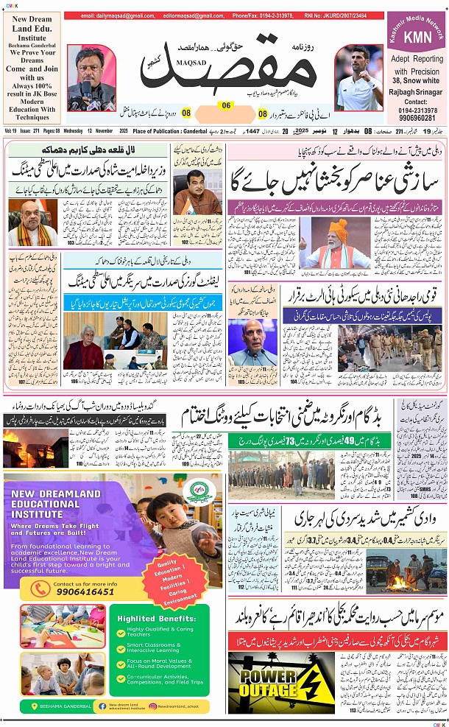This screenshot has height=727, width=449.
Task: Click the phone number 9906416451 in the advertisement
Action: (85, 591)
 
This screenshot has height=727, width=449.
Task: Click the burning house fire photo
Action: (35, 446)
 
